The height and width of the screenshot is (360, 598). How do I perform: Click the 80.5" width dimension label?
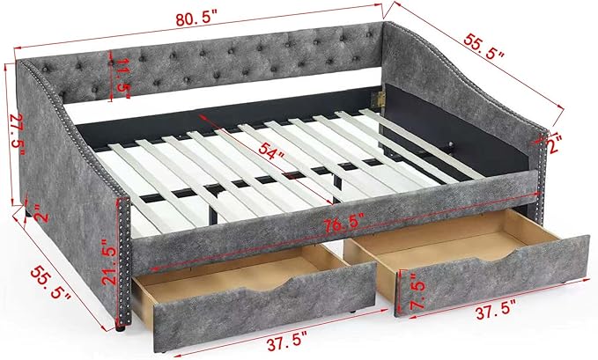[196, 18]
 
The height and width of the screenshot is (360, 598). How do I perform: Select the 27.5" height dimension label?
[17, 135]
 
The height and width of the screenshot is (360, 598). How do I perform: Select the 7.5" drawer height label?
[417, 290]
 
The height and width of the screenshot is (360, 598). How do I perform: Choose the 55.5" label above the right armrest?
[484, 46]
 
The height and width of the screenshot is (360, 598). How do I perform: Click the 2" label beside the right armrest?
[553, 144]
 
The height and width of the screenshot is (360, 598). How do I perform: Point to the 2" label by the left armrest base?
[41, 213]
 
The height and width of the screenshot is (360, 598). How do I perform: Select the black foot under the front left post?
[121, 327]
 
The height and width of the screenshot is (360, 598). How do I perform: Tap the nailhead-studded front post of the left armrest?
[124, 261]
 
